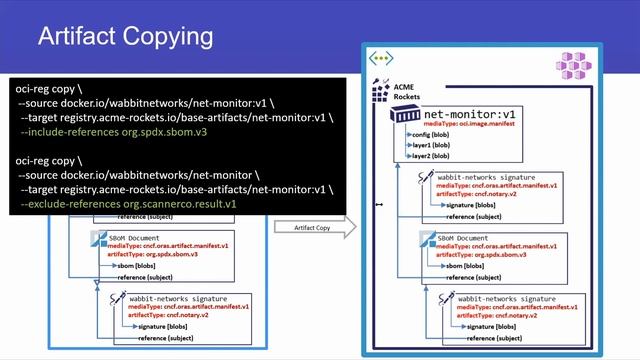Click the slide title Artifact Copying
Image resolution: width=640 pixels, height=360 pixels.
125,38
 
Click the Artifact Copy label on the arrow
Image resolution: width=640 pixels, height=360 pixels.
313,228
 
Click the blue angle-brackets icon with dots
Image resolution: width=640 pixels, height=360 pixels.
382,58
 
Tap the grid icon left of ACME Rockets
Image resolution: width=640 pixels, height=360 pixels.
380,90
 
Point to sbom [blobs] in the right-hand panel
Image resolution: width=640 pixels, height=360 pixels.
465,265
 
